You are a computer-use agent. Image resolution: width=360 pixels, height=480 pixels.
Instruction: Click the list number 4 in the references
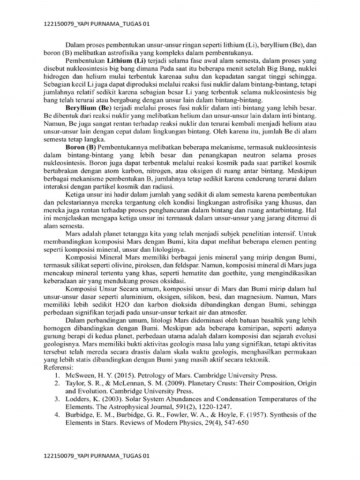pos(56,415)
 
